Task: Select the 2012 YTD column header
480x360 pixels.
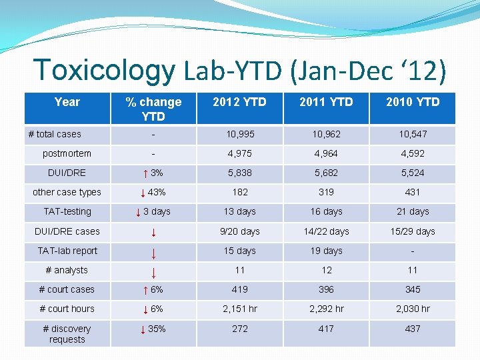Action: [x=240, y=102]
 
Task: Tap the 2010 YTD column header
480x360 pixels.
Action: [x=413, y=102]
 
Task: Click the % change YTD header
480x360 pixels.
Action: [x=153, y=109]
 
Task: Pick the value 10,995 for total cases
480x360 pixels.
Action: [x=240, y=134]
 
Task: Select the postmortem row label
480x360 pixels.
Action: [x=67, y=153]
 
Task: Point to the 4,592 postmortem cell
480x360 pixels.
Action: [x=413, y=153]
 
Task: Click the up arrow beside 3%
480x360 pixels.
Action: [x=145, y=173]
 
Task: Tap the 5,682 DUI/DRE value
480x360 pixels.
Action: [x=326, y=173]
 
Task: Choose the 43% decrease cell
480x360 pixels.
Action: [x=153, y=193]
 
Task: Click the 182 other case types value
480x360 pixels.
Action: [x=240, y=192]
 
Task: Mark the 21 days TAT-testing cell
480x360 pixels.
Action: [x=413, y=211]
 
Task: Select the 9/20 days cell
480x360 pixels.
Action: [x=240, y=231]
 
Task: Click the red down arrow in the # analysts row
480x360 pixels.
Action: [x=154, y=273]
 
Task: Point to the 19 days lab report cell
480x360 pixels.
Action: [x=326, y=251]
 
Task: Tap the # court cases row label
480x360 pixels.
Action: [x=67, y=289]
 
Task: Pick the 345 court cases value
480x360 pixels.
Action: [x=413, y=289]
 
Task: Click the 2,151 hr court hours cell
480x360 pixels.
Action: [x=240, y=309]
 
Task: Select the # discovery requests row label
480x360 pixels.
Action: [x=67, y=334]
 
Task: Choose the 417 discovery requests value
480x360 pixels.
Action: [x=326, y=329]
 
